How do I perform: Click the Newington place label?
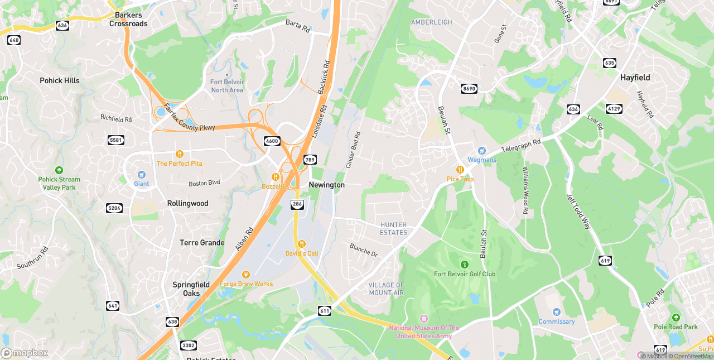326,185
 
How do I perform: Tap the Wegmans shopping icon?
482,151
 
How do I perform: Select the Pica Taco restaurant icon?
460,169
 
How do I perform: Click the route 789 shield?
310,160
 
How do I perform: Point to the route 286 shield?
297,205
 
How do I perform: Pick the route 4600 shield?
272,141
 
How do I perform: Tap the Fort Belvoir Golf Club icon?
464,264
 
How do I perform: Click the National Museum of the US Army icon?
423,318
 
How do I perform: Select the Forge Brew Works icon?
245,274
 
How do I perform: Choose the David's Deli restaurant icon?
301,243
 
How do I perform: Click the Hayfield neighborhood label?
635,78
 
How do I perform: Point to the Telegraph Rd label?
521,146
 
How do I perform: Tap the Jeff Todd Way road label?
578,212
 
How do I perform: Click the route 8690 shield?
469,89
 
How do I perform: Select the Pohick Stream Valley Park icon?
59,170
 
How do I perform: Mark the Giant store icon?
141,175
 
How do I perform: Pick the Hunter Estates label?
394,229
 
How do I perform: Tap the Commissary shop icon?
556,312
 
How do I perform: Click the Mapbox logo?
25,353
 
